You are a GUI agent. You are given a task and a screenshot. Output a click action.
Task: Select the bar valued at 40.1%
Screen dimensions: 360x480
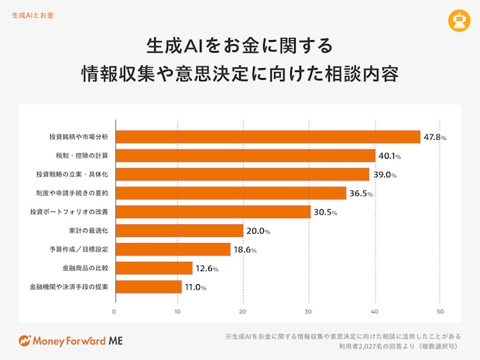pyautogui.click(x=245, y=156)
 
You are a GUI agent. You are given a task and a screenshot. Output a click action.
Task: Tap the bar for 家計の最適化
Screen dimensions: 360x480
pyautogui.click(x=179, y=231)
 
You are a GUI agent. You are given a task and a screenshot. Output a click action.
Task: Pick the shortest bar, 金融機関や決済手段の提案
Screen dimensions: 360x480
pyautogui.click(x=148, y=287)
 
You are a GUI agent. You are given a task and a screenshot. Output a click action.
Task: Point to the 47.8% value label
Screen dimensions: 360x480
pyautogui.click(x=434, y=137)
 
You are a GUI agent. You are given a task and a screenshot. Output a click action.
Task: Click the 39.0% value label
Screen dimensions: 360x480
pyautogui.click(x=384, y=174)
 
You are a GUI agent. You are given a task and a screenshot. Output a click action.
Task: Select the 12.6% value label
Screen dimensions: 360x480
pyautogui.click(x=207, y=269)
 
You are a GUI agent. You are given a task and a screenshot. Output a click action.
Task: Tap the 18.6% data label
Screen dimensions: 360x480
pyautogui.click(x=245, y=250)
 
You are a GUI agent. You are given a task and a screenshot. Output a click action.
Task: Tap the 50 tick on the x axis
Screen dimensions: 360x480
pyautogui.click(x=440, y=312)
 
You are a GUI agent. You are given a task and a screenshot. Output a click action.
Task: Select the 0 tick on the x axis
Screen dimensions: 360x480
pyautogui.click(x=115, y=312)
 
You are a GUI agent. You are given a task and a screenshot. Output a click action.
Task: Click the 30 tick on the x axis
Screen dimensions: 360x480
pyautogui.click(x=310, y=312)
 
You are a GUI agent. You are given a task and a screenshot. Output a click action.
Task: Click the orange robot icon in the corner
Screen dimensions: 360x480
pyautogui.click(x=461, y=21)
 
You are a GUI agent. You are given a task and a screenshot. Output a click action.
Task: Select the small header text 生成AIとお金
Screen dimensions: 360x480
pyautogui.click(x=33, y=15)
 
